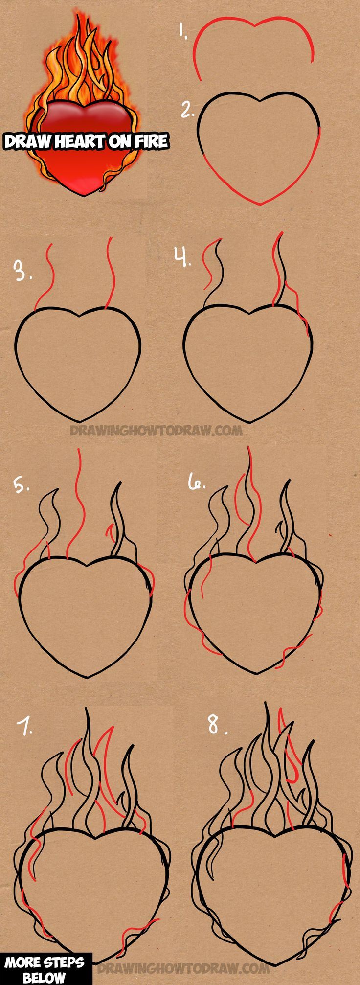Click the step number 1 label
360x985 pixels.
[x=182, y=31]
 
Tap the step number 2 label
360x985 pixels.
[x=186, y=111]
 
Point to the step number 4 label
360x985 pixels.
[x=182, y=257]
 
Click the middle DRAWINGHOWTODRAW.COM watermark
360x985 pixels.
[x=156, y=431]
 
